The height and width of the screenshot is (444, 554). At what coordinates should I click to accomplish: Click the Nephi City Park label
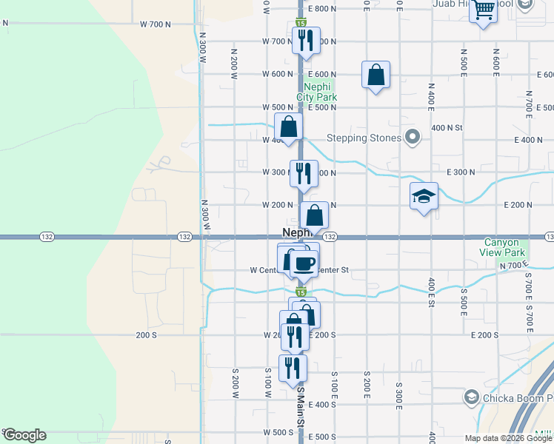pos(316,92)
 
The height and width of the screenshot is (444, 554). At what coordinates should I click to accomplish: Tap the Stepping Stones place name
pos(364,138)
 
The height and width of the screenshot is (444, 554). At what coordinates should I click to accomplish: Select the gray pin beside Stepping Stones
pos(413,137)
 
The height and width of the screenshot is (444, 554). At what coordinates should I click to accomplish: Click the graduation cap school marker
pos(424,196)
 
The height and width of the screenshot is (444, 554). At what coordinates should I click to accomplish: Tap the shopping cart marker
pos(483,10)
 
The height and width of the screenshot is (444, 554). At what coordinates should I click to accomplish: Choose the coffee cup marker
pos(304,263)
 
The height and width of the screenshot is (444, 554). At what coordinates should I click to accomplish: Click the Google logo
pos(24,435)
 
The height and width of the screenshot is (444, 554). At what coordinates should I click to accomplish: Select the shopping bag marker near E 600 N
pos(376,75)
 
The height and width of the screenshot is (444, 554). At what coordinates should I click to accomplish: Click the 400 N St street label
pos(447,127)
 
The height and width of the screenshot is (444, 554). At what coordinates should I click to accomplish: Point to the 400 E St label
pos(430,285)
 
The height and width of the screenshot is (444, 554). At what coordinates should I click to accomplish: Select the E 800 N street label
pos(322,9)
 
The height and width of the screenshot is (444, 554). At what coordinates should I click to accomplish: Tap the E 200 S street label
pos(484,335)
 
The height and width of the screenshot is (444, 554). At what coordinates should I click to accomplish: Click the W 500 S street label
pos(278,432)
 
